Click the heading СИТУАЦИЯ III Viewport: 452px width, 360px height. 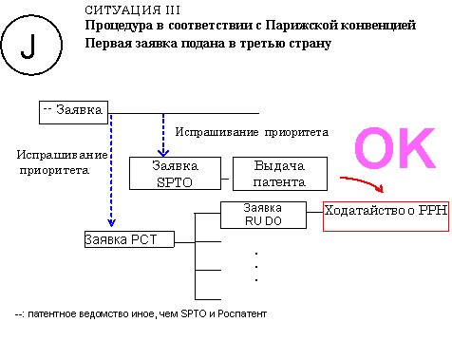tap(132, 10)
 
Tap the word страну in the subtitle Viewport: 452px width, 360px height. tap(311, 44)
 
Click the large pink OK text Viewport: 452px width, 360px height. tap(395, 148)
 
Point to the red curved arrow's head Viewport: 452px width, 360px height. tap(380, 188)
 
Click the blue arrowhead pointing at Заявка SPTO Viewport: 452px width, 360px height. tap(163, 153)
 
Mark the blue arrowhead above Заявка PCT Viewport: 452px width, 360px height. tap(111, 222)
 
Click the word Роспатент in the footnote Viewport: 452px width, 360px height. tap(242, 313)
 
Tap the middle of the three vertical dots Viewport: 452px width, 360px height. tap(256, 267)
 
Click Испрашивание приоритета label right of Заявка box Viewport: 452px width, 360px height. tap(252, 132)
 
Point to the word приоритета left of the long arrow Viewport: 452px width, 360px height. tap(54, 170)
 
